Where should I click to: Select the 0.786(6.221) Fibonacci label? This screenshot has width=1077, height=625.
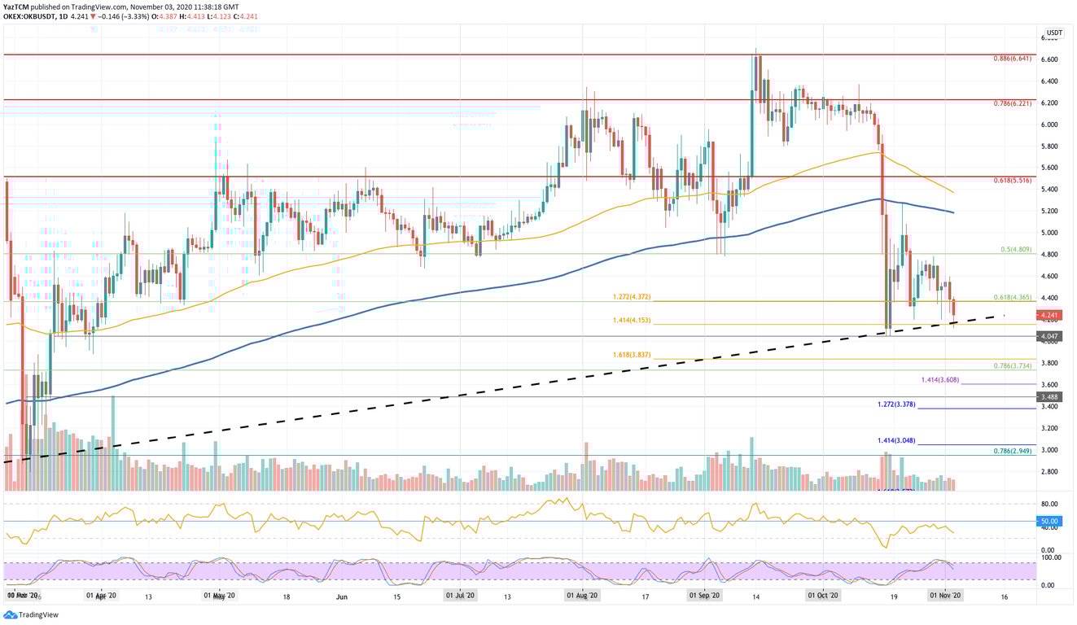[1013, 104]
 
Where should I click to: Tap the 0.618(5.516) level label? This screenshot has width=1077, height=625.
[1013, 181]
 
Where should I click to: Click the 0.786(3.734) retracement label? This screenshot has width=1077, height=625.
[1013, 365]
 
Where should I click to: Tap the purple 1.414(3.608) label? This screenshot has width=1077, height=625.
[941, 380]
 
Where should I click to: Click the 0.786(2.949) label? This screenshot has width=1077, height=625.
[1013, 450]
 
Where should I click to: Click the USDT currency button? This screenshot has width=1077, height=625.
[1053, 33]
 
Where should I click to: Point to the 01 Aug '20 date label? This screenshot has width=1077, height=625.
[584, 596]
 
